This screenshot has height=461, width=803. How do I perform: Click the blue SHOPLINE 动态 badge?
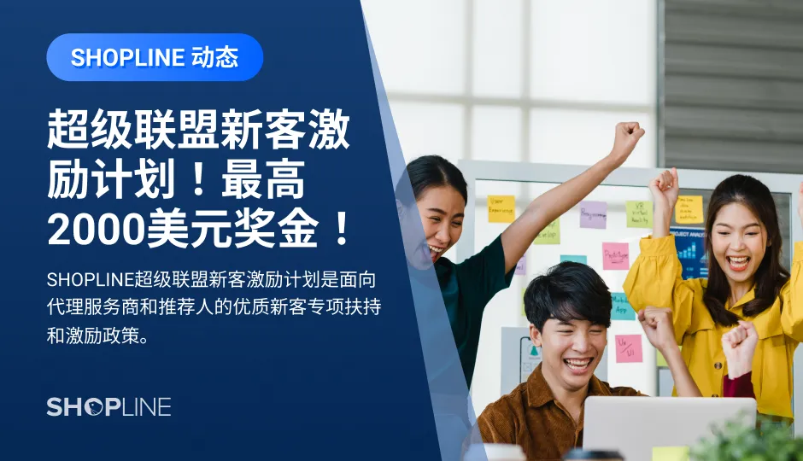coord(155,57)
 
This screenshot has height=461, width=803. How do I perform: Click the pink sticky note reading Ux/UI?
coord(628,348)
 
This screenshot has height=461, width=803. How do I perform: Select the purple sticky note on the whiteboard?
coord(593,214)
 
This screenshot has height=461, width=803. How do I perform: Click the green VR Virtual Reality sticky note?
coord(638,214)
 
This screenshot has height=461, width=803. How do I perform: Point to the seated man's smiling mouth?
coord(577,365)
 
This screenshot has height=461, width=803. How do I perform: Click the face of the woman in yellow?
coord(736,238)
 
